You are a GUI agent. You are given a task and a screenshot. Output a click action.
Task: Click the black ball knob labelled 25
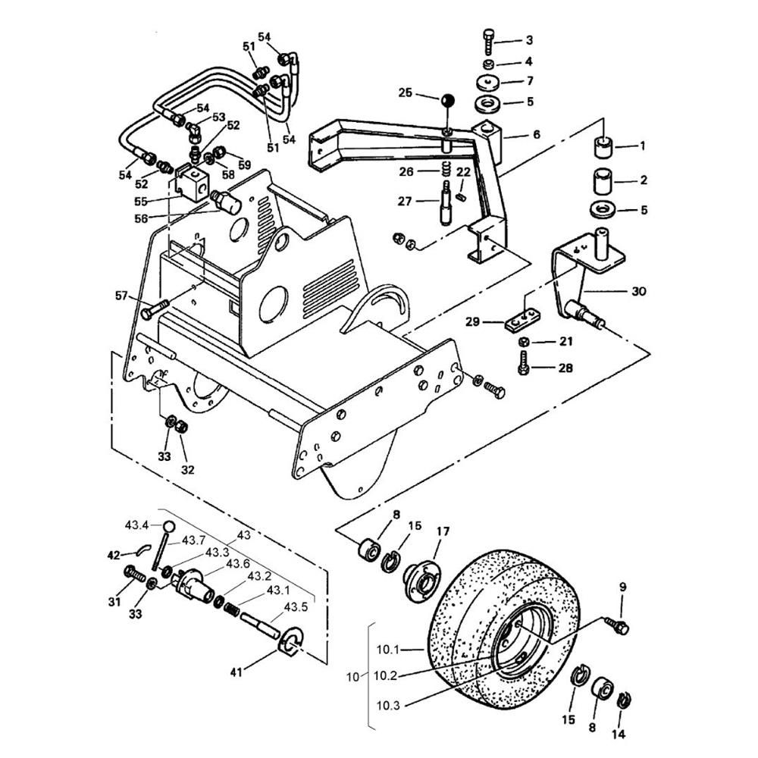[448, 102]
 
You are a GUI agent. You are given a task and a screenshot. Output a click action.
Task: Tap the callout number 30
[638, 291]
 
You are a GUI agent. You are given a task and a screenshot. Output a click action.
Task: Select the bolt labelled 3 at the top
[489, 42]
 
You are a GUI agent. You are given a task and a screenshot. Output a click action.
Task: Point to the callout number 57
[121, 296]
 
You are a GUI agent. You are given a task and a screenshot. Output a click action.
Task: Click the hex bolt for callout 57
[155, 309]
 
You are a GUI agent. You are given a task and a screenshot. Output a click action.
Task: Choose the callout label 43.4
[136, 525]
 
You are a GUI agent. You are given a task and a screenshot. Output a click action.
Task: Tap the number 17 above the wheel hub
[443, 531]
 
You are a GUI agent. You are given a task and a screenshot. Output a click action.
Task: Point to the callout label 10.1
[387, 650]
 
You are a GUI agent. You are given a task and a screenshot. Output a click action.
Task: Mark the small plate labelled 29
[522, 320]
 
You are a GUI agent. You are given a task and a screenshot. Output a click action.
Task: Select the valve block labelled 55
[192, 183]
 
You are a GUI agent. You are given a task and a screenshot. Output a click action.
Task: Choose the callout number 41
[236, 672]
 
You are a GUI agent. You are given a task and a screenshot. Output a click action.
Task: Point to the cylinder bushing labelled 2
[603, 181]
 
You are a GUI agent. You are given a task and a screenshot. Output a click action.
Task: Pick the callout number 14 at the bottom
[619, 735]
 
